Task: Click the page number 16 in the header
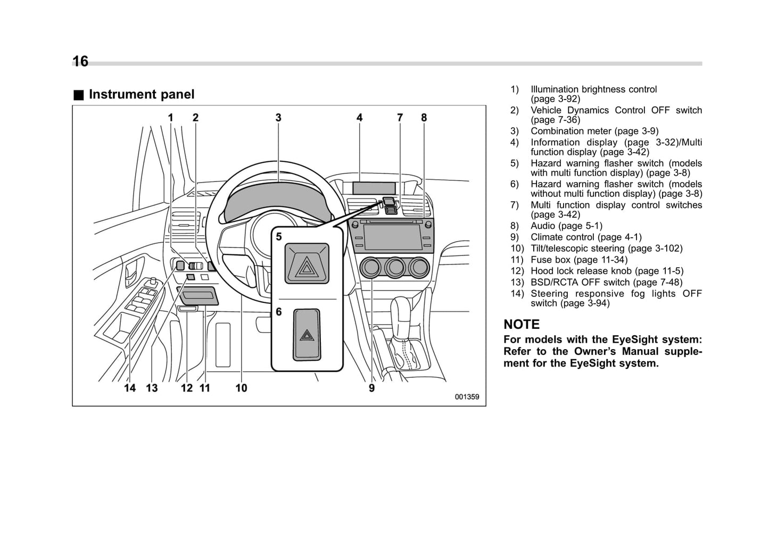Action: pyautogui.click(x=80, y=62)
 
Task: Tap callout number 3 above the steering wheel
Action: pyautogui.click(x=278, y=118)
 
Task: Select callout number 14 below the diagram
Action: pyautogui.click(x=130, y=388)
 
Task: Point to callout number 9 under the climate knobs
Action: pyautogui.click(x=371, y=388)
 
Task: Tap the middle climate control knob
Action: pyautogui.click(x=395, y=267)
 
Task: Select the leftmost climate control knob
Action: pyautogui.click(x=370, y=267)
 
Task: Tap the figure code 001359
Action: pyautogui.click(x=467, y=397)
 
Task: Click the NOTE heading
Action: pyautogui.click(x=522, y=325)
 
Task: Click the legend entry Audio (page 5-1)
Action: pyautogui.click(x=566, y=226)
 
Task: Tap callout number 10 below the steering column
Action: pyautogui.click(x=241, y=388)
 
